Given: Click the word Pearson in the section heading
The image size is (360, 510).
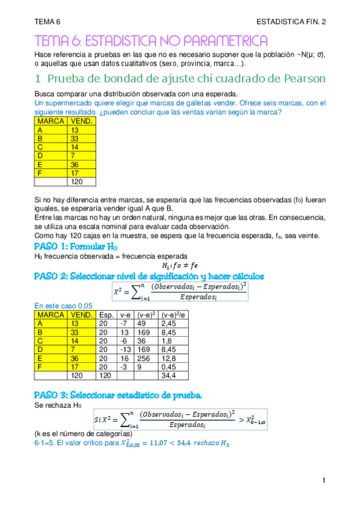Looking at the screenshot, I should (304, 79).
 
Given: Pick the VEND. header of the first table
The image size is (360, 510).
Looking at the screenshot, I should (81, 121).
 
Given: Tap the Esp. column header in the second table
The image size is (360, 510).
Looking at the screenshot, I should (106, 315).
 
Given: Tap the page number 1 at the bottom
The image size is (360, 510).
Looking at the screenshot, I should (323, 481).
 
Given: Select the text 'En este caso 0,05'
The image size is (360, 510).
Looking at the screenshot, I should (63, 306).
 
